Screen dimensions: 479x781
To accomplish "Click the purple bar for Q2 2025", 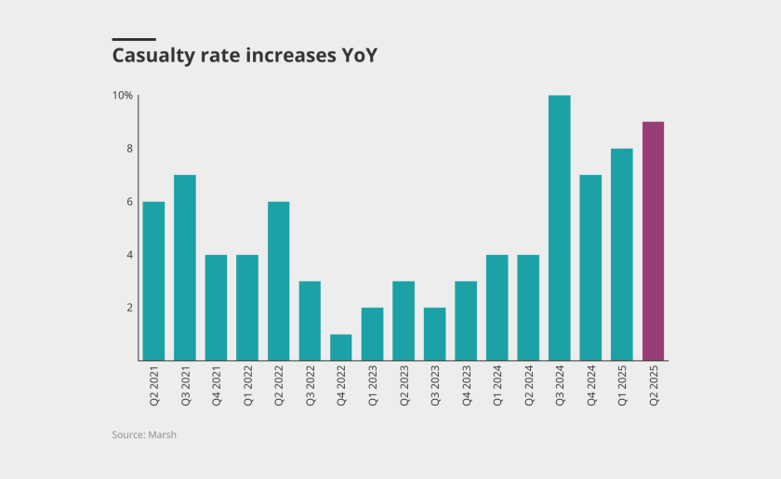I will [653, 241].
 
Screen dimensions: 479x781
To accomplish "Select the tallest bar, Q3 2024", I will [559, 228].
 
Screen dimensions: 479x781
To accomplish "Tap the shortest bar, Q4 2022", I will [340, 347].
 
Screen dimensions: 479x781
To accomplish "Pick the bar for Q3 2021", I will [184, 268].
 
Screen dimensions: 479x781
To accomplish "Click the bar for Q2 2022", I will [278, 281].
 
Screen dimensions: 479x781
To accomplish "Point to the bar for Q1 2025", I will [621, 254].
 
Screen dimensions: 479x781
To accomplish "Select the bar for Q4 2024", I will [590, 268].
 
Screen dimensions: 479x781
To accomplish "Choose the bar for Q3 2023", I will [434, 334].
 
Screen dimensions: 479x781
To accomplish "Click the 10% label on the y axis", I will [123, 96].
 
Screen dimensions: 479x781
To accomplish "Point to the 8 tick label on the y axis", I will [129, 149].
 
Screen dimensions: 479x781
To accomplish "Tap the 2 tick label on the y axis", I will [129, 308].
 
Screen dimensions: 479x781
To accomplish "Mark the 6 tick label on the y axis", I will [129, 202].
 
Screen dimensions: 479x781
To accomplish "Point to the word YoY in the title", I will [356, 56].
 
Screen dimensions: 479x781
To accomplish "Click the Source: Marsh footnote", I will [144, 434].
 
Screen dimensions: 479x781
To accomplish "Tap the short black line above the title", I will [126, 39].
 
